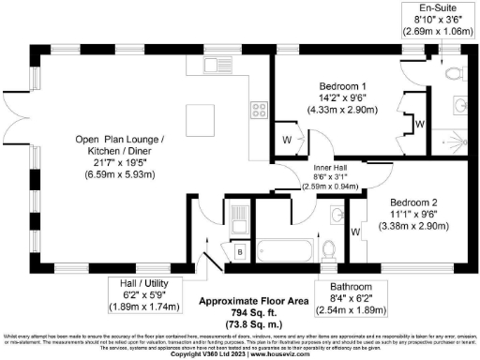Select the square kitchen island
[x=201, y=119]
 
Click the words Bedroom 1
[x=338, y=83]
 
